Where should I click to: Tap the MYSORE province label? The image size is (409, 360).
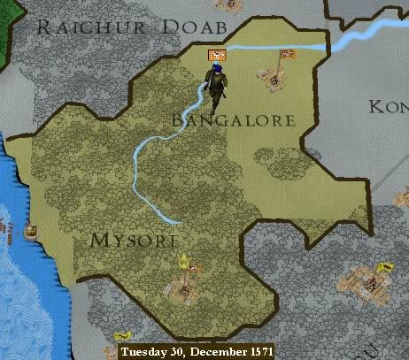[x=135, y=240]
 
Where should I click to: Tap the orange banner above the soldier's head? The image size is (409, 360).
[x=213, y=56]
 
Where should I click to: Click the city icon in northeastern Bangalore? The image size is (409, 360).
[x=276, y=80]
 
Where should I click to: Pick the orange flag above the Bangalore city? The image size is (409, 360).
[x=287, y=57]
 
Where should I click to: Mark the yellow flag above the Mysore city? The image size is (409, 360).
[x=183, y=261]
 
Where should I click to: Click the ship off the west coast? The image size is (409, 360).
[x=32, y=231]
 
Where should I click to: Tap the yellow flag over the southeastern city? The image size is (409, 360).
[x=382, y=266]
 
